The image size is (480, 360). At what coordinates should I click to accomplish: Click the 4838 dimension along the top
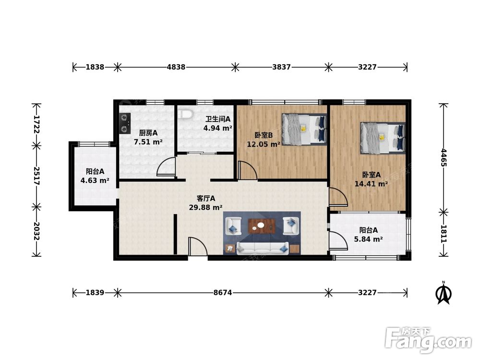(176, 67)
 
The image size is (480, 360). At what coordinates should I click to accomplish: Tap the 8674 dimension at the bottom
(223, 293)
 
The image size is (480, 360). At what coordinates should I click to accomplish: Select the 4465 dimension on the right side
(444, 157)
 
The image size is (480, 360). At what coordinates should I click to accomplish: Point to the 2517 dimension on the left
(36, 176)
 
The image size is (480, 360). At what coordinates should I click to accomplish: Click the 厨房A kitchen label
(148, 133)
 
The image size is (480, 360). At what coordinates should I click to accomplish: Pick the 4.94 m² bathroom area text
(217, 128)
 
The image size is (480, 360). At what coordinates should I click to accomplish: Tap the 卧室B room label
(264, 135)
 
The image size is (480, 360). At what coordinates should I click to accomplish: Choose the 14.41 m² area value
(372, 184)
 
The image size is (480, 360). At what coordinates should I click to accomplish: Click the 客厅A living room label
(206, 198)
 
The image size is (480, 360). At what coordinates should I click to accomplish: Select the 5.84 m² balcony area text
(368, 239)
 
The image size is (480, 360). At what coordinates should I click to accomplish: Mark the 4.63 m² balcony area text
(95, 180)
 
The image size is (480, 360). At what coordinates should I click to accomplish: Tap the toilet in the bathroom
(185, 115)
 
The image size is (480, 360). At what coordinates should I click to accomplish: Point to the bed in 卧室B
(304, 129)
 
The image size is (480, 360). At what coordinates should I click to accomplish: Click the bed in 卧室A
(383, 138)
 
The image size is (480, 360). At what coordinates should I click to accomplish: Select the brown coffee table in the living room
(262, 226)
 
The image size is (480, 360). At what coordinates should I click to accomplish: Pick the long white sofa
(263, 248)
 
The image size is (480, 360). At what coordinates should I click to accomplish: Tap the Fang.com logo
(429, 340)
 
